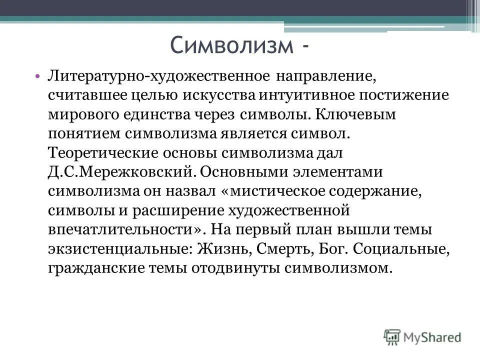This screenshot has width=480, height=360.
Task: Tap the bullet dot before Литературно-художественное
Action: click(x=38, y=77)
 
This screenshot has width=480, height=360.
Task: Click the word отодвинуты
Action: click(x=234, y=268)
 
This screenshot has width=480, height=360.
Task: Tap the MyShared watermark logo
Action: click(x=422, y=337)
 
